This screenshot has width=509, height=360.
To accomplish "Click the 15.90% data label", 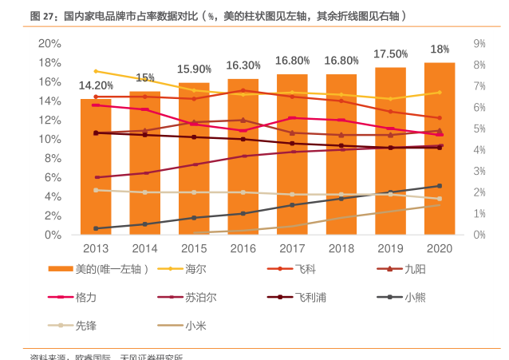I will click(194, 69).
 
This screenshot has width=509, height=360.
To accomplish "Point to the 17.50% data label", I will click(391, 54).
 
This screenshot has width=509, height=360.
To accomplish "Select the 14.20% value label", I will click(96, 85).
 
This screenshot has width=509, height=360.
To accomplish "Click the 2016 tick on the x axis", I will click(243, 249).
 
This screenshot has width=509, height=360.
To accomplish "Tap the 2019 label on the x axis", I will click(390, 249).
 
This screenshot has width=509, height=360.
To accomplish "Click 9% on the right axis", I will click(479, 43).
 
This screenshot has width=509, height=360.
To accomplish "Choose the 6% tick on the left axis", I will click(53, 177).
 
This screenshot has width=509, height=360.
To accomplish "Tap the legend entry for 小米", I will click(195, 325).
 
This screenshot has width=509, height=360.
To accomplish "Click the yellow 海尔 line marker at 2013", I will click(96, 71).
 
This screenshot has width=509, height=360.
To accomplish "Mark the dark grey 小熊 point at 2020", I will click(440, 186).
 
